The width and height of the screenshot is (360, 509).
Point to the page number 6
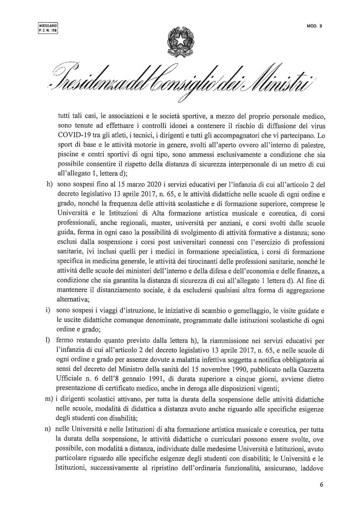coord(322,485)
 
